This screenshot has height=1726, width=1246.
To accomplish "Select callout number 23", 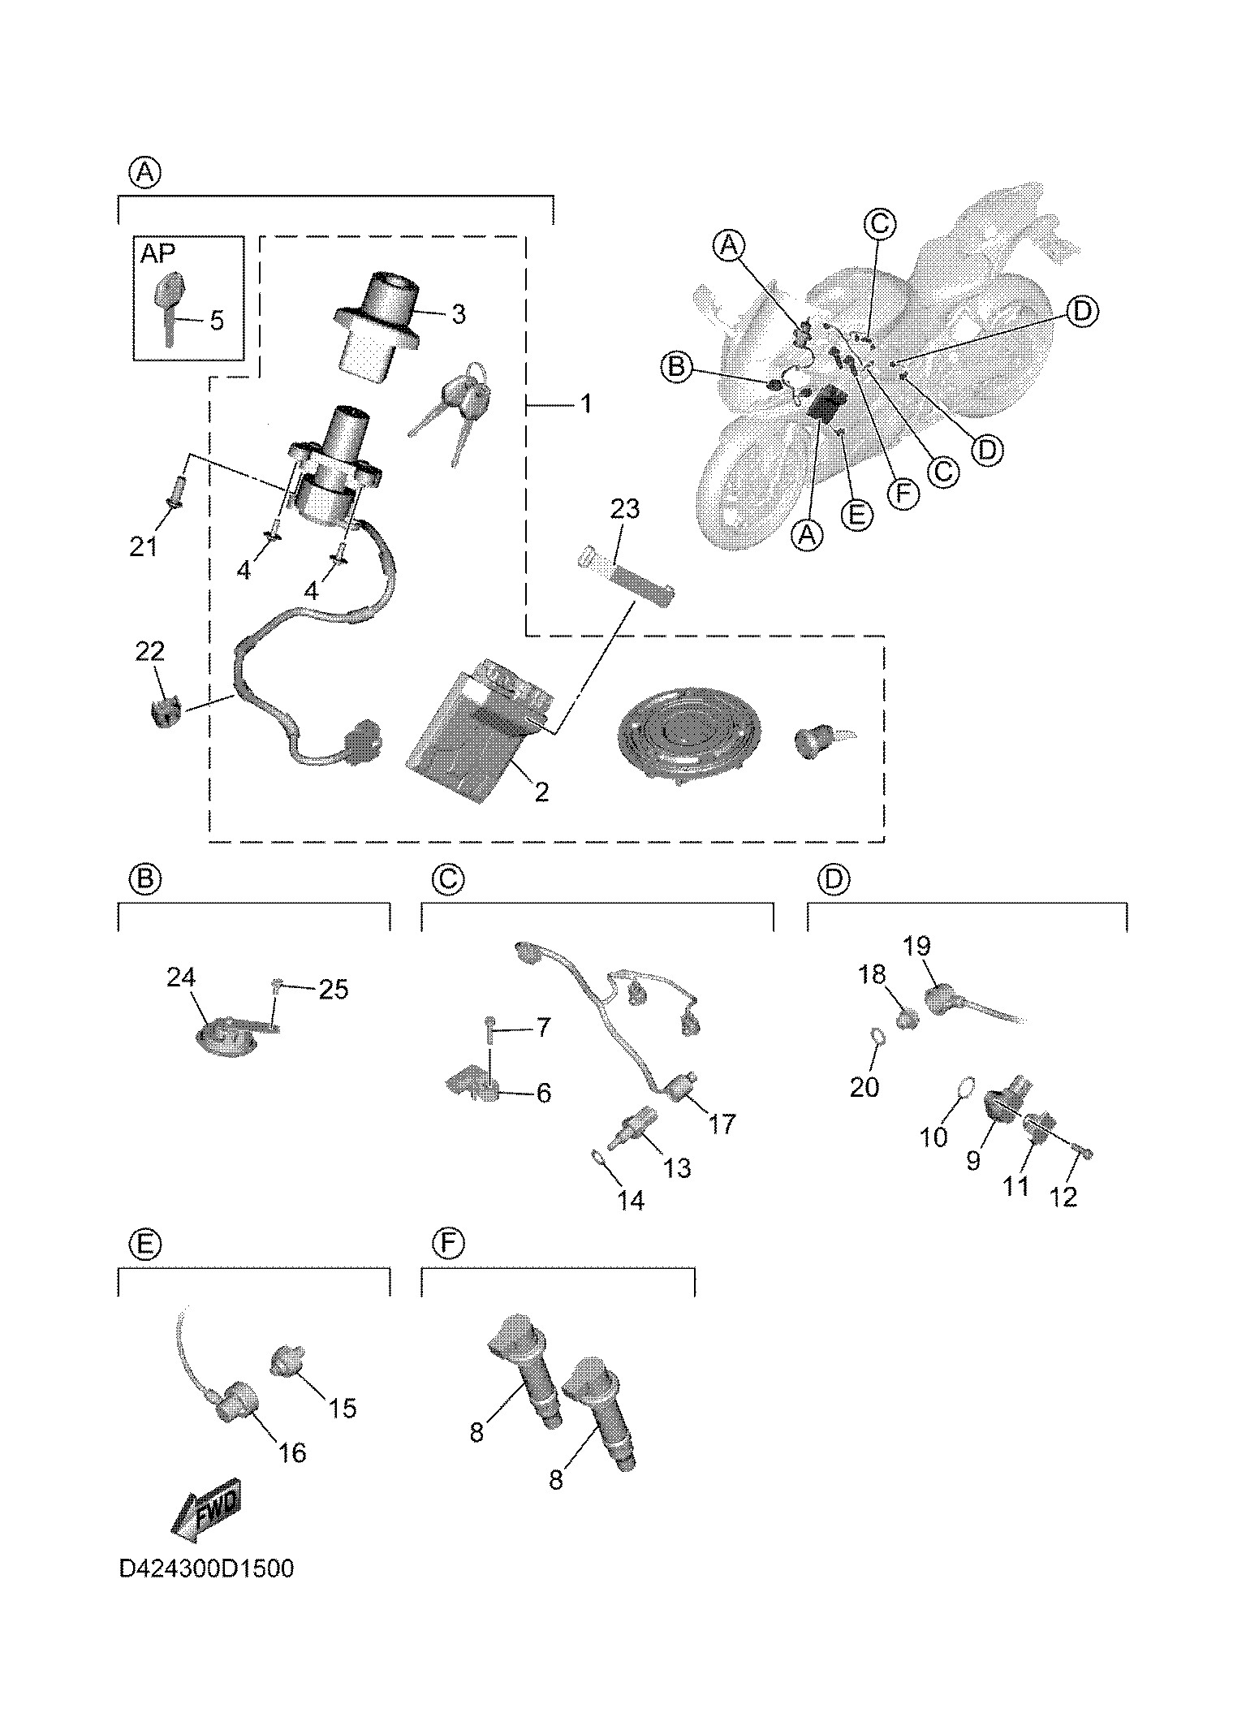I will click(625, 509).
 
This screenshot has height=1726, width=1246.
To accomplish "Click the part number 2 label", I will click(541, 792).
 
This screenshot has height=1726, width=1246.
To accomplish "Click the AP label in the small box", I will click(157, 253).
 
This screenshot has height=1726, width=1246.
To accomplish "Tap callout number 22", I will click(151, 651).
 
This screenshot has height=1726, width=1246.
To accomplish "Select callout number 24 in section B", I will click(181, 977).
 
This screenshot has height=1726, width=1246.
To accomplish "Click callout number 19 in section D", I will click(916, 947).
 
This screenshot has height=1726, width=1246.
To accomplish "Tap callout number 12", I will click(1063, 1196).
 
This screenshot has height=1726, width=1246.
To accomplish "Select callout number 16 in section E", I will click(292, 1452).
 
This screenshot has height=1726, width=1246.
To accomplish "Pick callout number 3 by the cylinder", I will click(459, 314).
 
